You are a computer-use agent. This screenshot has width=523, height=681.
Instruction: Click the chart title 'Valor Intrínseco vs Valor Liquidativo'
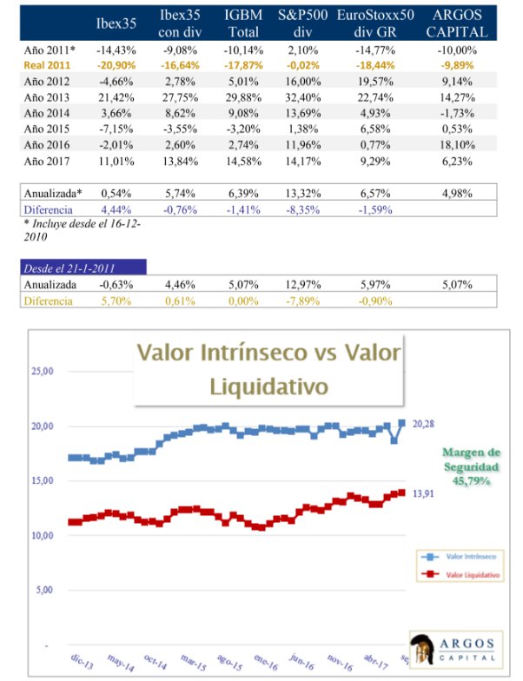click(x=270, y=368)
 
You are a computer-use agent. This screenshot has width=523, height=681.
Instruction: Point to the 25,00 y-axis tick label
click(x=43, y=371)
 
